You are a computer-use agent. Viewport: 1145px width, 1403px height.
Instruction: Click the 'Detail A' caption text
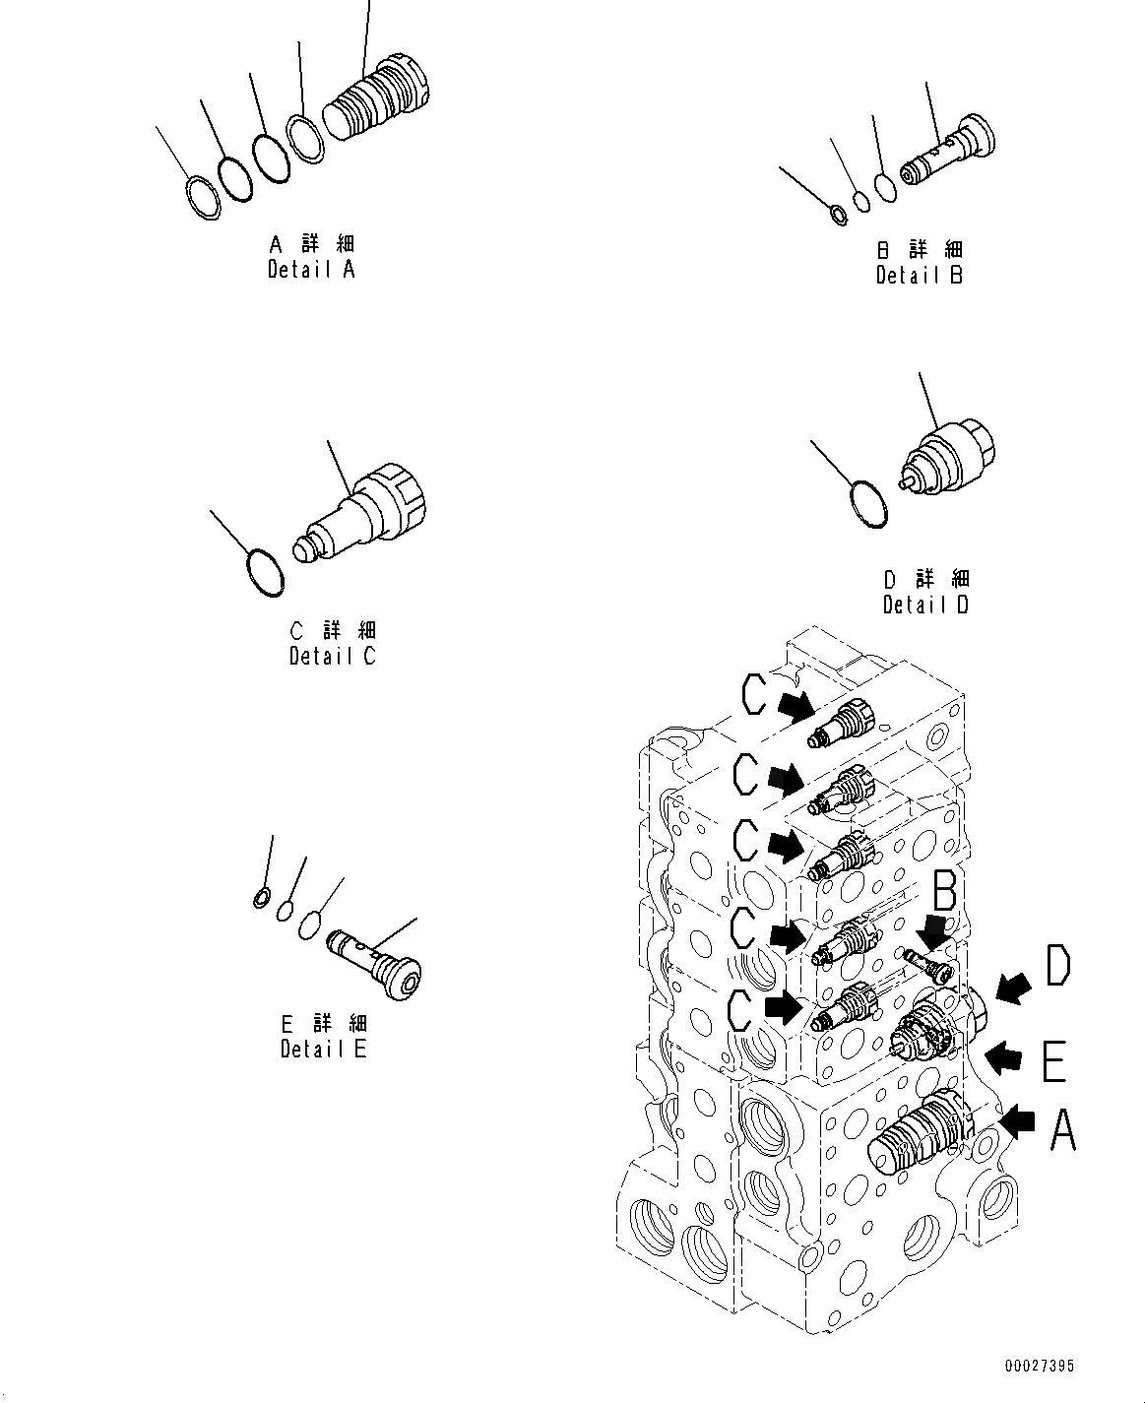point(311,269)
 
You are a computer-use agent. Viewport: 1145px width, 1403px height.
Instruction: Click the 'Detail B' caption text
point(919,276)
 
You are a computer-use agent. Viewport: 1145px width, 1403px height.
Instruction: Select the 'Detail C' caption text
point(332,656)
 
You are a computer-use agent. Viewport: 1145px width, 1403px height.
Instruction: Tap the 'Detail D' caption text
point(925,605)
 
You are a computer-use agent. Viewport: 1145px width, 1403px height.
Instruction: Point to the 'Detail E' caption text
point(323,1049)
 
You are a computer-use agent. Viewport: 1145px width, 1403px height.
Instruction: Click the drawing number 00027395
point(1040,1366)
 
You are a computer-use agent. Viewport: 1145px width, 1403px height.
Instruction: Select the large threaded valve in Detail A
point(377,99)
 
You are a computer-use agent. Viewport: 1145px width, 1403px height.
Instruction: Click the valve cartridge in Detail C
point(367,514)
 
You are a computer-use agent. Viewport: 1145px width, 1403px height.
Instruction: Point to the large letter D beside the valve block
point(1056,967)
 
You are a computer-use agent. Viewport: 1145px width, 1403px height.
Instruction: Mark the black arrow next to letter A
point(1016,1119)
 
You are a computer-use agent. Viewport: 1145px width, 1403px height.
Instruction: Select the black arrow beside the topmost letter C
point(795,704)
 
